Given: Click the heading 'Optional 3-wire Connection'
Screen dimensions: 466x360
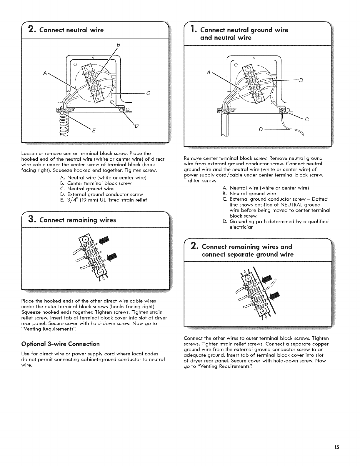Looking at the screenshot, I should pyautogui.click(x=61, y=344).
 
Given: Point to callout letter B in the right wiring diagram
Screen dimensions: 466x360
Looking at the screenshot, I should pyautogui.click(x=301, y=80).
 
